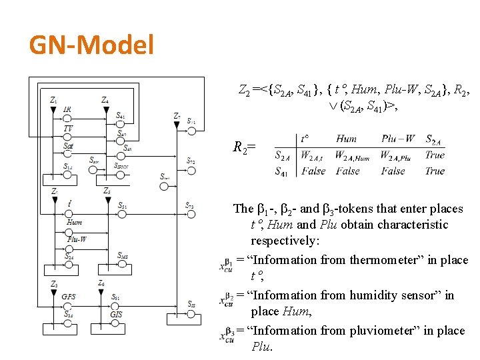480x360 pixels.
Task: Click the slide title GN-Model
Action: [91, 45]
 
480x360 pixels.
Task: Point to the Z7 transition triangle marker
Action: [175, 123]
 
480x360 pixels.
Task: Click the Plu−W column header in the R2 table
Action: [397, 139]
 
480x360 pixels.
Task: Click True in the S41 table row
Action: [435, 171]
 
